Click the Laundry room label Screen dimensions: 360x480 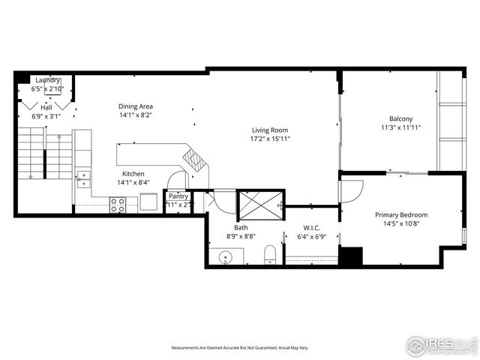point(46,79)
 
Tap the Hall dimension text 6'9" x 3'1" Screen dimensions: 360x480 point(46,116)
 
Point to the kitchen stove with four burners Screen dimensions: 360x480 point(118,204)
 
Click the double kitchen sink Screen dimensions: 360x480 point(82,180)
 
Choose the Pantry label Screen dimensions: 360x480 point(178,196)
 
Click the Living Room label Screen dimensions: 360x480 point(270,130)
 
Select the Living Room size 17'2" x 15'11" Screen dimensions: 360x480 point(270,139)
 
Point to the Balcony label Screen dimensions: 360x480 point(400,118)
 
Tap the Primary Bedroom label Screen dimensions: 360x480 point(406,214)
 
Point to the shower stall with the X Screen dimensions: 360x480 point(259,203)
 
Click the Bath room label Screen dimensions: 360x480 point(241,227)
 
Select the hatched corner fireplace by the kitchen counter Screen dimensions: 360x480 point(195,160)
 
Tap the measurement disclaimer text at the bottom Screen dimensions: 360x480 point(240,348)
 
